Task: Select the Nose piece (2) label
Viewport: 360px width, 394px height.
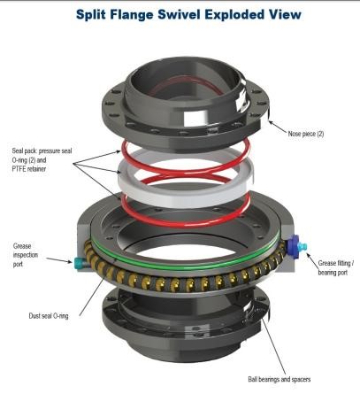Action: (x=306, y=134)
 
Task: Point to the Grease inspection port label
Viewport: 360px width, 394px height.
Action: (x=26, y=255)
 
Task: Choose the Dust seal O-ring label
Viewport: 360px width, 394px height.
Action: (x=49, y=316)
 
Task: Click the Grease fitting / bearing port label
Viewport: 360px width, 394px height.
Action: (x=336, y=267)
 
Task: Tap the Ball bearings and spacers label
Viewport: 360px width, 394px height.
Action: (x=280, y=379)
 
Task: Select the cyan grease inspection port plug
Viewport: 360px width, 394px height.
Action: (x=79, y=262)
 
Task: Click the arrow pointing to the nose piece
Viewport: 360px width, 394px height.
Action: (x=278, y=126)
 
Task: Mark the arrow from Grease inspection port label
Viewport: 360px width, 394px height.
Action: (x=59, y=260)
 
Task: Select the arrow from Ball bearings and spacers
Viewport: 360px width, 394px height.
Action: (x=273, y=346)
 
